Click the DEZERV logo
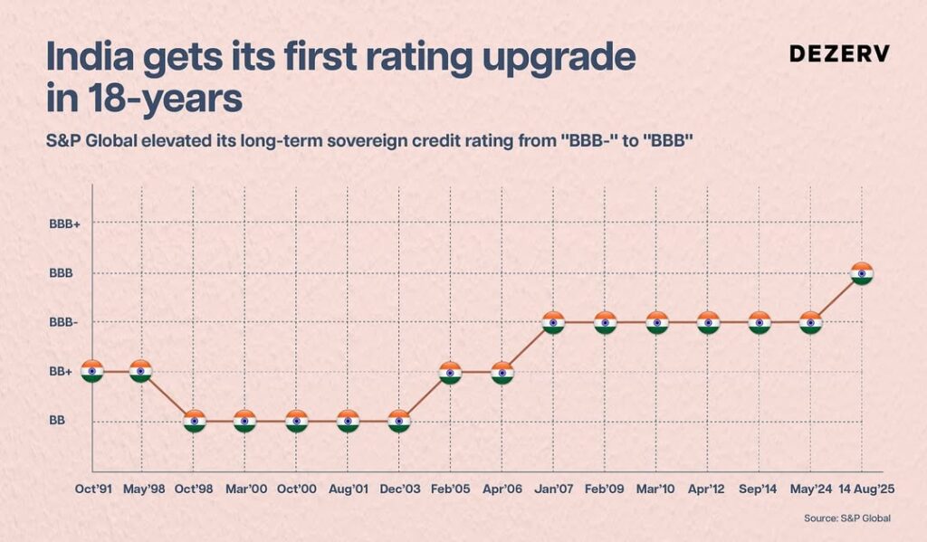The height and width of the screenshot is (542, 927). [x=839, y=53]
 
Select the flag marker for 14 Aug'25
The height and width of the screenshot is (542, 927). [x=862, y=273]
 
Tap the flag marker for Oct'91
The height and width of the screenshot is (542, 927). [x=91, y=371]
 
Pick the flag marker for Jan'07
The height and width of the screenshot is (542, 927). [x=554, y=322]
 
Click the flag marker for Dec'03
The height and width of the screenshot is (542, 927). [x=399, y=421]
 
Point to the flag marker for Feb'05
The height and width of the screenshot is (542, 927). [x=450, y=372]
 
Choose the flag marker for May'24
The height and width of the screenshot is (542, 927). [x=811, y=322]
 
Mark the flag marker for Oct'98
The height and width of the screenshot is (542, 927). [x=194, y=421]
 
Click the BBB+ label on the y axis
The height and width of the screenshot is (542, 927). [x=65, y=223]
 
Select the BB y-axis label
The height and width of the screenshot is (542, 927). [x=57, y=421]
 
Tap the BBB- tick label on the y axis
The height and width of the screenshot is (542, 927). [x=64, y=322]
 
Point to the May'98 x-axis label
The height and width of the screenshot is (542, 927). [x=142, y=489]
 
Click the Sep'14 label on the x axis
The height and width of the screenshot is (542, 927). [x=760, y=489]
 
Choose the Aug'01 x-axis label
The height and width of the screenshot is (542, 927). [x=349, y=489]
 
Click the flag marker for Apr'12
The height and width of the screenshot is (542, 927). [x=708, y=322]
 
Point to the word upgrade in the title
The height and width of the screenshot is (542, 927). [x=564, y=59]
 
